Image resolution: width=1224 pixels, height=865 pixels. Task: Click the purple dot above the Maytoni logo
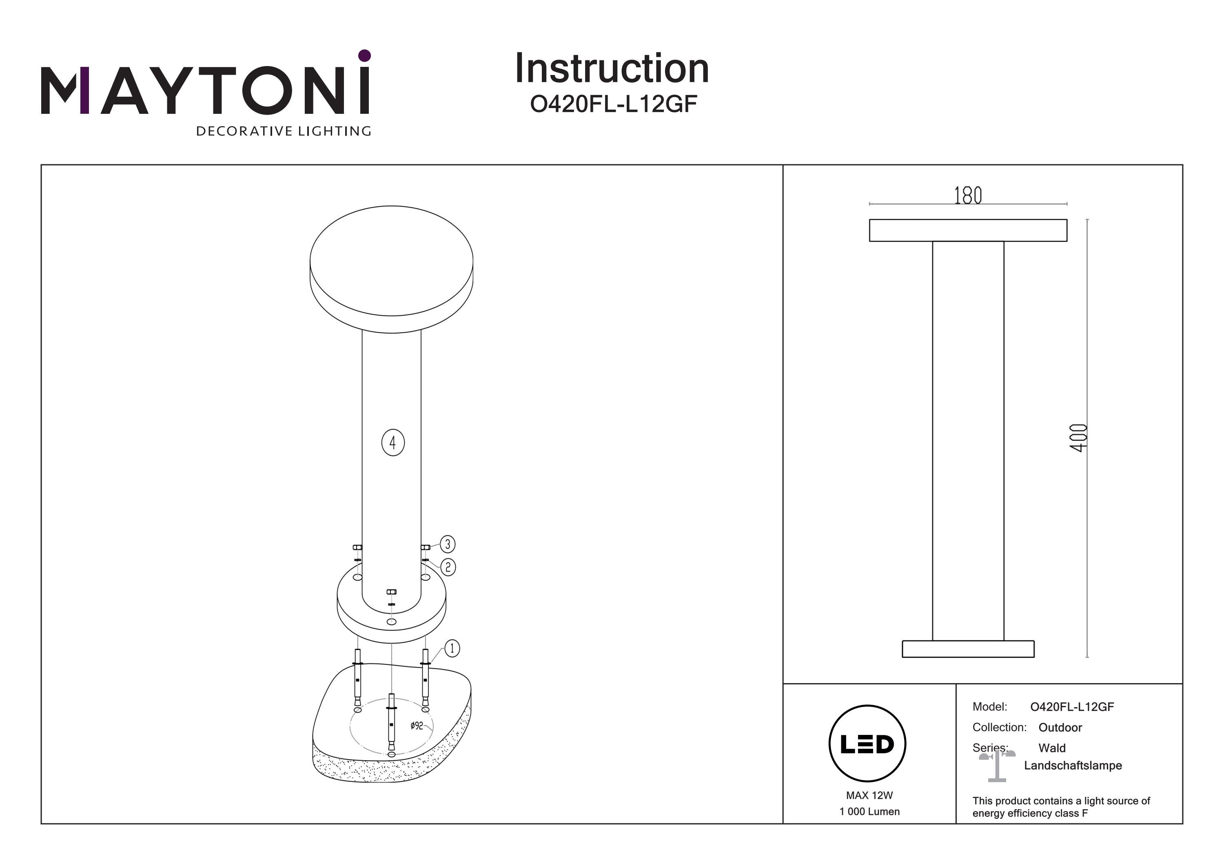[x=365, y=55]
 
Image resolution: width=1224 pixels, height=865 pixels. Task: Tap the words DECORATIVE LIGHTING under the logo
[x=284, y=131]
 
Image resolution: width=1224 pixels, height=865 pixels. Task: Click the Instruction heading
[x=612, y=69]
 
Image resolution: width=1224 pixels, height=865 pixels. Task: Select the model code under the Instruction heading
[x=614, y=104]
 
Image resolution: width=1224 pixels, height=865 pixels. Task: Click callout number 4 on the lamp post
[x=393, y=442]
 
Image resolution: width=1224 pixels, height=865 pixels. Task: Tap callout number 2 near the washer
[x=448, y=567]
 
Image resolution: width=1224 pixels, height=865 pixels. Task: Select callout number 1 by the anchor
[x=452, y=648]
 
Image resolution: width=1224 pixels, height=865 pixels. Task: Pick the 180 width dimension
[x=968, y=196]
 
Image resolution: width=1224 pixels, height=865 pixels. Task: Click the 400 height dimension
[x=1078, y=438]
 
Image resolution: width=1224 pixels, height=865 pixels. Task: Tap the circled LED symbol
[x=867, y=744]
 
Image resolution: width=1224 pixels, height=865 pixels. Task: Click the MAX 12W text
[x=869, y=795]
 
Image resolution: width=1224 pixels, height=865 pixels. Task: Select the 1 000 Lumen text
[x=869, y=812]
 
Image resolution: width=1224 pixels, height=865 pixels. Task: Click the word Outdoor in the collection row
[x=1060, y=728]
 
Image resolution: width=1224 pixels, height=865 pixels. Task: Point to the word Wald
[x=1052, y=748]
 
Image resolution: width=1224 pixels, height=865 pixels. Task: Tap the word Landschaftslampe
[x=1073, y=766]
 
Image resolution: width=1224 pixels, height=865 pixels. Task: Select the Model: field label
[x=989, y=707]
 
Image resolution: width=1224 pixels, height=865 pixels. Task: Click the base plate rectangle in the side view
[x=968, y=649]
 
